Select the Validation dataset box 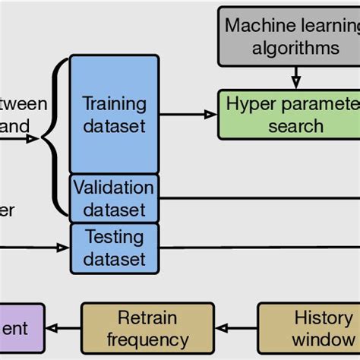pyautogui.click(x=114, y=197)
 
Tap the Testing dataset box pyautogui.click(x=114, y=248)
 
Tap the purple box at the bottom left pyautogui.click(x=22, y=328)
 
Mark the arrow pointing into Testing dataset pyautogui.click(x=46, y=247)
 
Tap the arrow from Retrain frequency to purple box pyautogui.click(x=63, y=329)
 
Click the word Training pyautogui.click(x=114, y=103)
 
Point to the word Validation pyautogui.click(x=114, y=187)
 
